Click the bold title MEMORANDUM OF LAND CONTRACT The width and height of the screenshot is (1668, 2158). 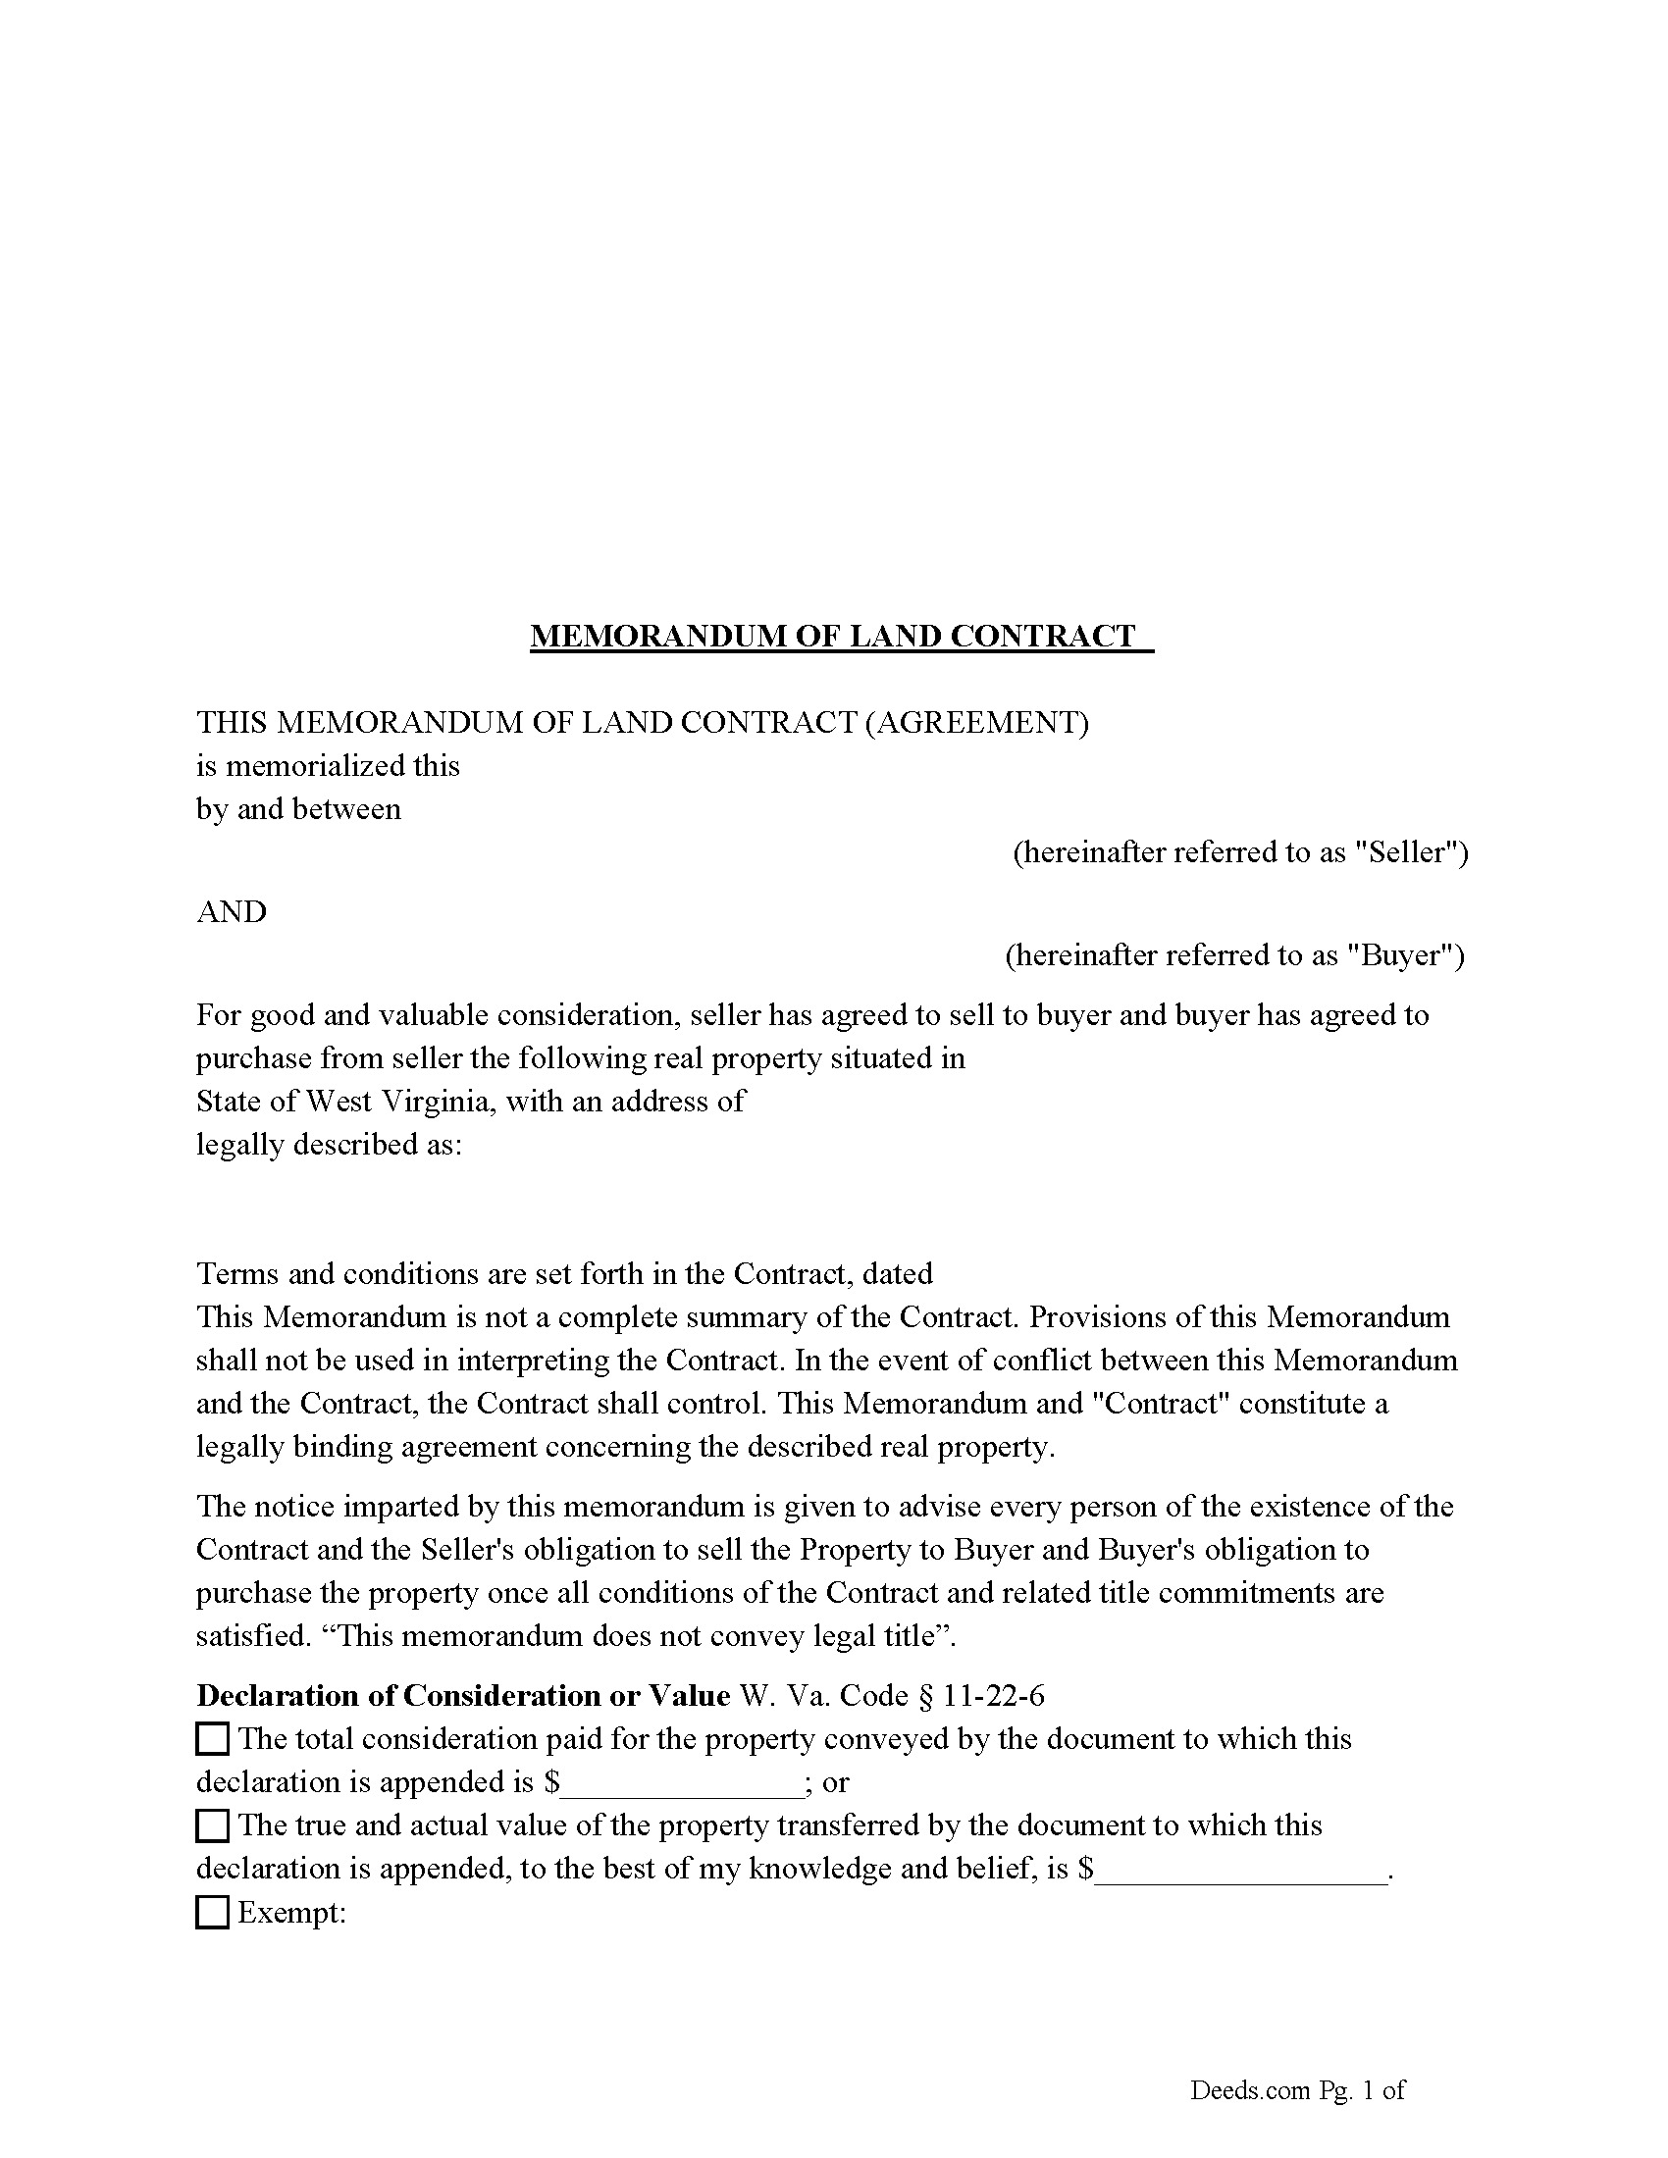pyautogui.click(x=833, y=636)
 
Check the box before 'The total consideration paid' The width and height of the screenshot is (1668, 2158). pyautogui.click(x=213, y=1738)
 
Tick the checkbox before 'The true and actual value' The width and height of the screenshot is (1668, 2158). pyautogui.click(x=213, y=1825)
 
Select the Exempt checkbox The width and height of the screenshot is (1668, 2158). pyautogui.click(x=213, y=1912)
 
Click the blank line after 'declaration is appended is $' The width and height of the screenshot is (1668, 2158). pyautogui.click(x=682, y=1784)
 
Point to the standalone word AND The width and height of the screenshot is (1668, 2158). pyautogui.click(x=233, y=911)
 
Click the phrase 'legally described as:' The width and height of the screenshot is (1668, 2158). pyautogui.click(x=329, y=1144)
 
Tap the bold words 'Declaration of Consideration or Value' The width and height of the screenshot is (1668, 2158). pyautogui.click(x=463, y=1696)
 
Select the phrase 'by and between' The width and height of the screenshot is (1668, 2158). pyautogui.click(x=298, y=809)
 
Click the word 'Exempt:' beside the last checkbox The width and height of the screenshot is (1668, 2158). pyautogui.click(x=292, y=1913)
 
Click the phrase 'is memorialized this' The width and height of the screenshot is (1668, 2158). pyautogui.click(x=328, y=766)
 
